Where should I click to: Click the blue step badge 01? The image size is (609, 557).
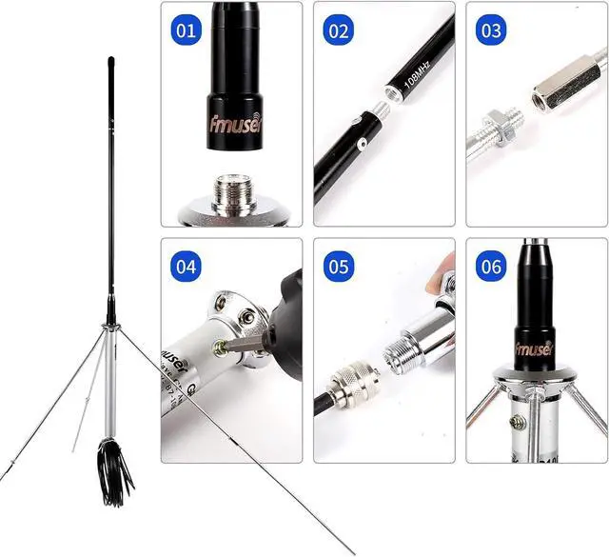[187, 30]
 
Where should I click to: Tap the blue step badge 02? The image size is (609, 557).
[339, 30]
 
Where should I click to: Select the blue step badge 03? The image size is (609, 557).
[491, 30]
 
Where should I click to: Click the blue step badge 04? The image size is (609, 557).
[187, 267]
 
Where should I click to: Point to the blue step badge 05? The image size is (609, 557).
[339, 267]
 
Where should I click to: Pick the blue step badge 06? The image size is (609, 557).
[491, 267]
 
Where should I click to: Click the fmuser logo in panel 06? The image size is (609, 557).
[534, 348]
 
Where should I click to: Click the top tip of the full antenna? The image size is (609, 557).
[110, 62]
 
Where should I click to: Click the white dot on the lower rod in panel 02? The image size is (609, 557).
[363, 145]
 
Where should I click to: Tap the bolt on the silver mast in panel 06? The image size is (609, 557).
[518, 422]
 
